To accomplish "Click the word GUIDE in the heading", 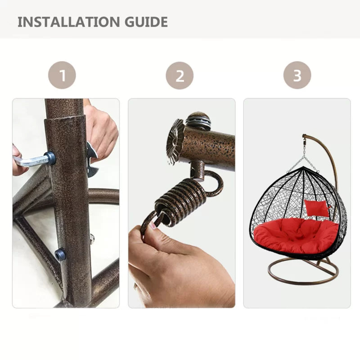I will point(147,22).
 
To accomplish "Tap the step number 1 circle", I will point(62,75).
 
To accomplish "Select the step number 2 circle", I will point(180,75).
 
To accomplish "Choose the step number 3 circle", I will point(297,75).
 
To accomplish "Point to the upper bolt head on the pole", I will point(50,157).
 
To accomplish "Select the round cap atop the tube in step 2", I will point(198,121).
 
